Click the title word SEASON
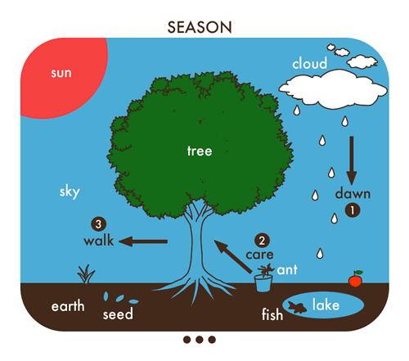click(200, 27)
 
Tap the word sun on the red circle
click(61, 73)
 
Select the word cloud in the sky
click(309, 63)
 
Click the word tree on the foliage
click(200, 151)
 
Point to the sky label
click(70, 192)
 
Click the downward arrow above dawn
click(352, 160)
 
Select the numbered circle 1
click(353, 210)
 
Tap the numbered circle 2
click(262, 241)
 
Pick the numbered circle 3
click(98, 224)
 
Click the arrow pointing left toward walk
click(143, 241)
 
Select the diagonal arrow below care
click(233, 256)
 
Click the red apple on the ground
click(356, 279)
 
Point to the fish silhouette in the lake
click(298, 307)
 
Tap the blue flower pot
click(263, 283)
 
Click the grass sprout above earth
click(86, 274)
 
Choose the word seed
click(118, 314)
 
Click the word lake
click(326, 305)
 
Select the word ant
click(287, 270)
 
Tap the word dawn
click(353, 193)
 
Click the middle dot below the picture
click(200, 340)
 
